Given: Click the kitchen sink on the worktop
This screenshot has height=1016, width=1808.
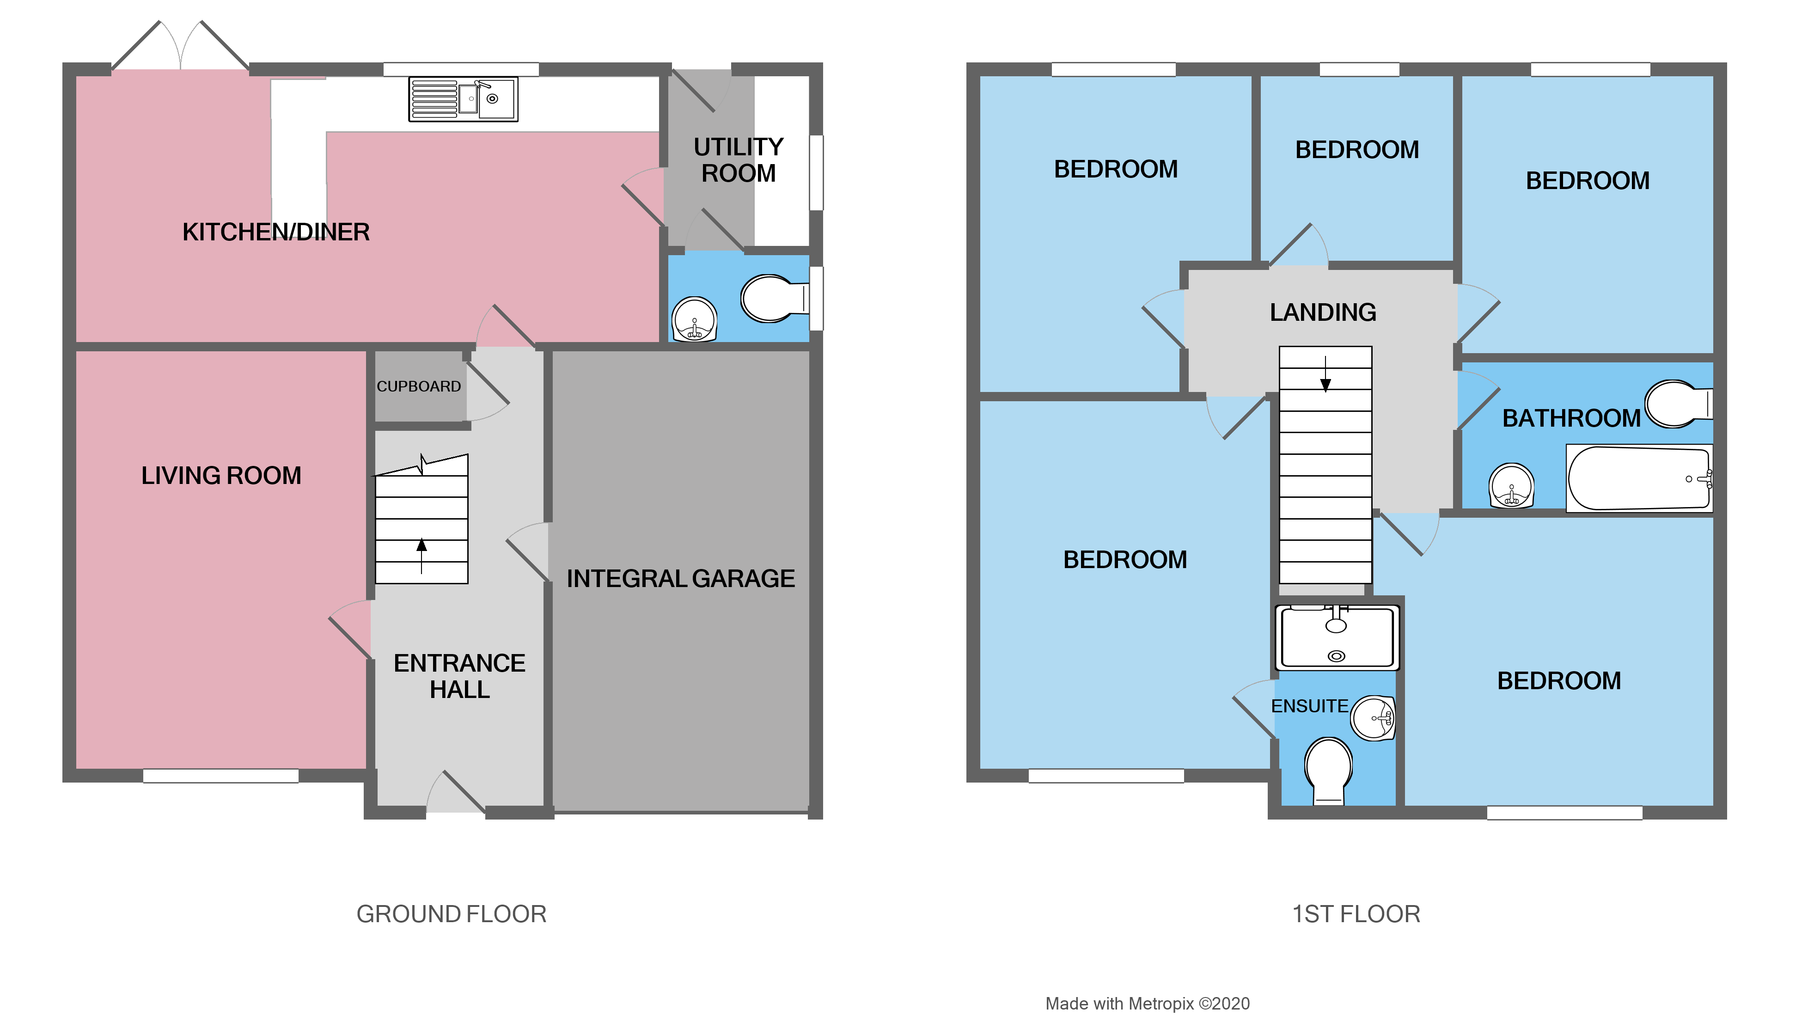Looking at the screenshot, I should [x=463, y=99].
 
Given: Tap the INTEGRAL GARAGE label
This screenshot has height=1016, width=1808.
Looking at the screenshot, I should [x=680, y=579].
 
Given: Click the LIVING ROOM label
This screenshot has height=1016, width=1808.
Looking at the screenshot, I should [x=221, y=475].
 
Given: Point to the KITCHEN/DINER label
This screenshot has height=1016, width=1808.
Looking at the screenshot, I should [x=276, y=232].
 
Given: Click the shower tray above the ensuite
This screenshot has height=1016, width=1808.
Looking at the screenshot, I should [x=1336, y=637].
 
